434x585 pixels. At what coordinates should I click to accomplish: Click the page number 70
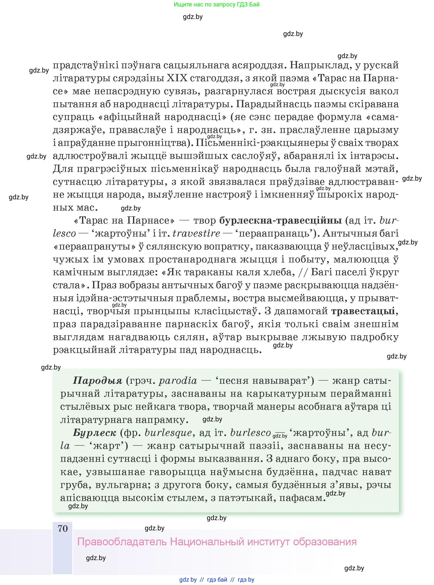click(x=62, y=528)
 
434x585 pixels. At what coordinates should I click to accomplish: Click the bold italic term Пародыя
click(x=98, y=381)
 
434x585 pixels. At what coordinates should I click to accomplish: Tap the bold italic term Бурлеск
click(x=94, y=433)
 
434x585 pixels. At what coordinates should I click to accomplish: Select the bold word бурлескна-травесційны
click(x=280, y=220)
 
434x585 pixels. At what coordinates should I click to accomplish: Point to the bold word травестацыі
click(x=363, y=311)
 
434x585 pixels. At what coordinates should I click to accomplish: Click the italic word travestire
click(x=196, y=233)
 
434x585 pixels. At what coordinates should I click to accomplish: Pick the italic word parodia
click(x=178, y=381)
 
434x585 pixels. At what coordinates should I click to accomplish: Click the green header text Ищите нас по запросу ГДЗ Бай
click(x=217, y=4)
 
